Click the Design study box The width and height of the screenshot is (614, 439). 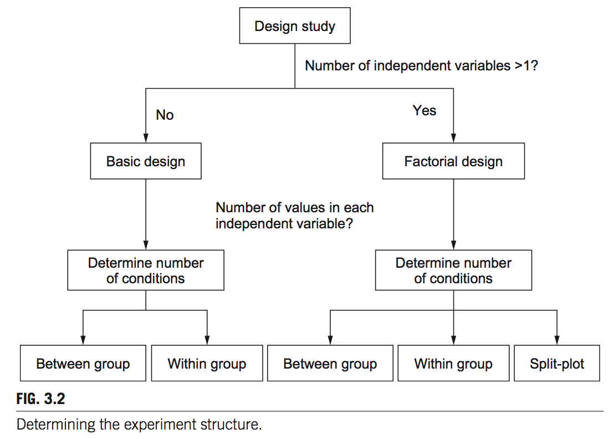coord(294,26)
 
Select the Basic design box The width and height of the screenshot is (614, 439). coord(146,161)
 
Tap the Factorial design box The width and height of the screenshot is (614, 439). coord(453,161)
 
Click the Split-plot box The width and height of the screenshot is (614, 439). coord(556,364)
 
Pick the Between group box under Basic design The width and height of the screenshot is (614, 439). coord(83,364)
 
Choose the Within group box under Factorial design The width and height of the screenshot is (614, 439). coord(453,364)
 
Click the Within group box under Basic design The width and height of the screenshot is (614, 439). coord(207,364)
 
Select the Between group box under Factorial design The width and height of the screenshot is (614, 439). coord(330,364)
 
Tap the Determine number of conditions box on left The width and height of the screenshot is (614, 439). coord(146,270)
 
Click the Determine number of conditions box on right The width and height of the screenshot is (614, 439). coord(453,270)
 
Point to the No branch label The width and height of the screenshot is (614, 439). coord(165,115)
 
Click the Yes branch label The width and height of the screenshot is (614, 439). coord(424,111)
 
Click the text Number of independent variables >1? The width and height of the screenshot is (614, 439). coord(422,66)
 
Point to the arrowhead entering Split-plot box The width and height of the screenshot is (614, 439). coord(556,341)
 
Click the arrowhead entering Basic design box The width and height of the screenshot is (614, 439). coord(146,139)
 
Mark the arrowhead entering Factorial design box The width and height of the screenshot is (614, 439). coord(453,139)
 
